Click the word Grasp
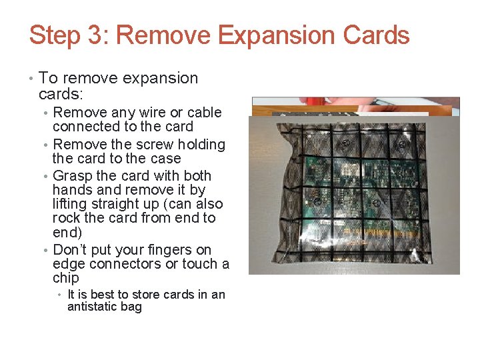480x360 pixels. click(73, 176)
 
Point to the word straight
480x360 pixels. click(111, 204)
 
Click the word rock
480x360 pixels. click(66, 218)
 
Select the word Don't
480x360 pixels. click(70, 250)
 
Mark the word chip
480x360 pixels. click(66, 278)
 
